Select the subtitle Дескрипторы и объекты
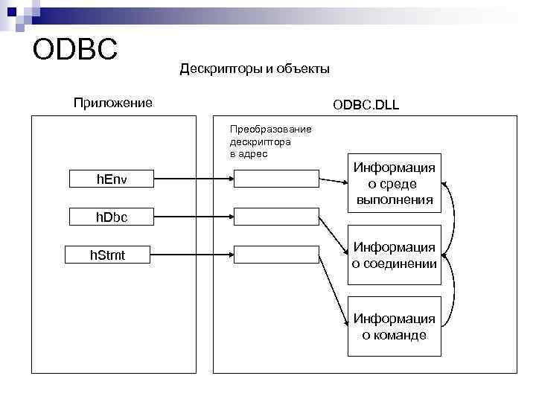[x=255, y=69]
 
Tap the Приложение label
[x=112, y=102]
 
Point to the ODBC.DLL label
[x=366, y=105]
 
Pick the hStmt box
[x=109, y=255]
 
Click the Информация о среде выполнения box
[x=395, y=183]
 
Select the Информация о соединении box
[x=395, y=255]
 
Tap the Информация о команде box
[x=395, y=327]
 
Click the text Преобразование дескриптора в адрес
[x=270, y=141]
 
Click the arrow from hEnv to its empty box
[x=194, y=179]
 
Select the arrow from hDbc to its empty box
[x=194, y=217]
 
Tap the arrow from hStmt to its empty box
[x=194, y=255]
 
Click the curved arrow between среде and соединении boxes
[x=453, y=219]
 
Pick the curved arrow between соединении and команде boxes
[x=453, y=293]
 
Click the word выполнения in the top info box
[x=395, y=200]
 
